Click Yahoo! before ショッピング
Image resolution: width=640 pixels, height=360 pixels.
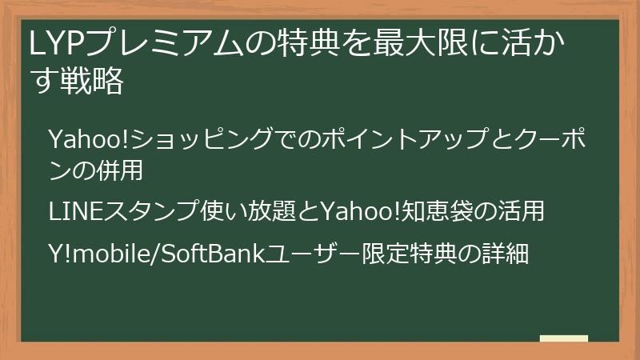(88, 138)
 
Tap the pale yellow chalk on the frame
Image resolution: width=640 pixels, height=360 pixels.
(564, 338)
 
